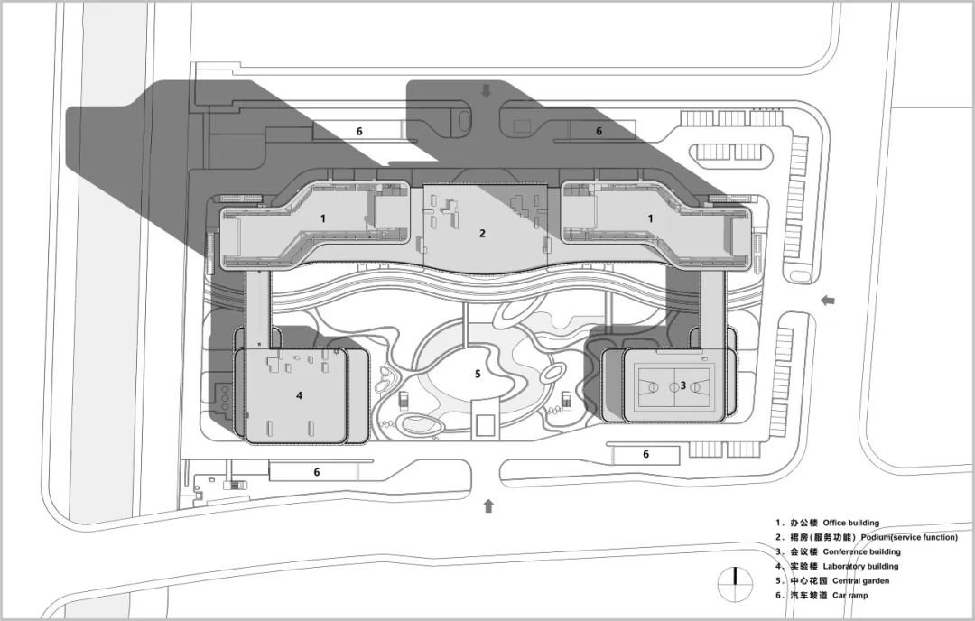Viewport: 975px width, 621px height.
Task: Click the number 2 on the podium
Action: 482,234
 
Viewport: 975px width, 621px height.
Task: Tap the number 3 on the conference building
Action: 682,385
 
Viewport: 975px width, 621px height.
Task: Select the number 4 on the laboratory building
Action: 299,395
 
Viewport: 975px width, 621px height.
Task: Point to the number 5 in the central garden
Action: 478,374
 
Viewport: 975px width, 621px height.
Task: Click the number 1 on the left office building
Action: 322,218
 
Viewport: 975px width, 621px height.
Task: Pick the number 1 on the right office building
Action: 650,218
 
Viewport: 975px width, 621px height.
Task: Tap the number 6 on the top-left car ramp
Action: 359,131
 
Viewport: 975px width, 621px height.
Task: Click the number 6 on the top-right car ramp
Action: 599,131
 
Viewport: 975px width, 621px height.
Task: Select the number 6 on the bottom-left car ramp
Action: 317,472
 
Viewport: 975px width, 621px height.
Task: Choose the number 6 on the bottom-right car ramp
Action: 645,454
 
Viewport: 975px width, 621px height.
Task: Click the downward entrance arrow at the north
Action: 487,91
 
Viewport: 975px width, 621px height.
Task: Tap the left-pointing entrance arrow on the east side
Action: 828,301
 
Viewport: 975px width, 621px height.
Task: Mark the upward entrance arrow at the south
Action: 488,505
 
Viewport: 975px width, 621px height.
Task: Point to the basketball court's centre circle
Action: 674,386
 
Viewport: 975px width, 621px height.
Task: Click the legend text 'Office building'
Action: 850,523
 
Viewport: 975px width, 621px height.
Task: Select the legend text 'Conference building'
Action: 861,551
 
